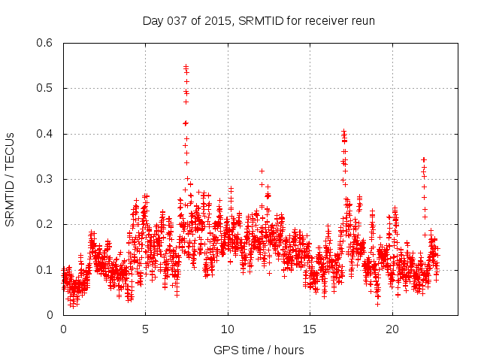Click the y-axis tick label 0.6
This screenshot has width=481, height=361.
coord(44,43)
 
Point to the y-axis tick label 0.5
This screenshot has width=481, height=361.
coord(44,89)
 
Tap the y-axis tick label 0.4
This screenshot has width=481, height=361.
coord(44,134)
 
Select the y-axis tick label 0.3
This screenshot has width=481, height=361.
coord(44,179)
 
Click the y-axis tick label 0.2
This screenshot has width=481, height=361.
coord(44,225)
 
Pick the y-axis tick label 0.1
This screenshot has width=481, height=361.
coord(44,270)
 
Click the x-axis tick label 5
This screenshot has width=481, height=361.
coord(145,329)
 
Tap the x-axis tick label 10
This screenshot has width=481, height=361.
coord(228,329)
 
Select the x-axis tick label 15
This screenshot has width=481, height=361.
coord(310,329)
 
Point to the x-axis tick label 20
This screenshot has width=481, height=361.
coord(392,329)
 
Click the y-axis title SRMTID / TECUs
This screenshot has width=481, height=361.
coord(11,179)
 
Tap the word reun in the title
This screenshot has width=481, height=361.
coord(362,20)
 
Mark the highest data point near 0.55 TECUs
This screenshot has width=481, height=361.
coord(186,66)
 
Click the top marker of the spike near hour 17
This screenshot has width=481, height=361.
coord(344,132)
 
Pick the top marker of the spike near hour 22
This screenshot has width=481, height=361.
coord(424,159)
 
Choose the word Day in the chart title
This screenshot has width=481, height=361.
coord(153,20)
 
